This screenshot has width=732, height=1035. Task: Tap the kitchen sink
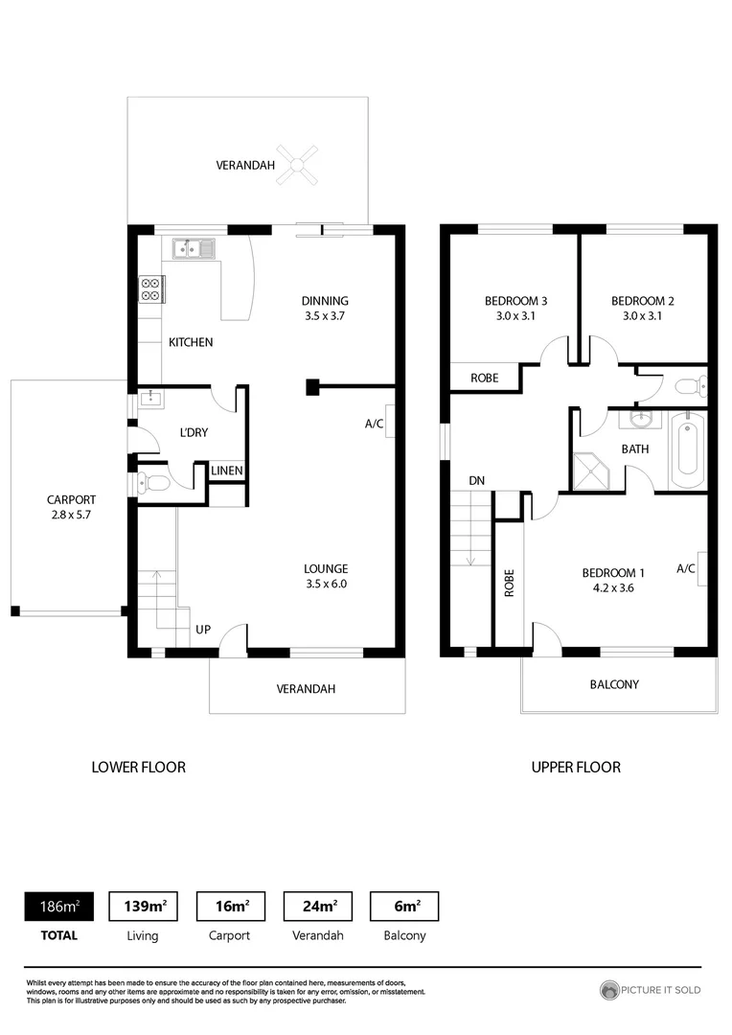click(194, 249)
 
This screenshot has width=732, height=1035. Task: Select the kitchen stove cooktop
click(151, 288)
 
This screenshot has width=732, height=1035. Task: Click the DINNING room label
click(325, 300)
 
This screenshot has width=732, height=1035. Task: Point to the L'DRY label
click(194, 432)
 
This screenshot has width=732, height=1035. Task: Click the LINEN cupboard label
click(227, 471)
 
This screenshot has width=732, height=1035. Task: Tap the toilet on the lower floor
click(154, 483)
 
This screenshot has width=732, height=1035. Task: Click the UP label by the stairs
click(203, 630)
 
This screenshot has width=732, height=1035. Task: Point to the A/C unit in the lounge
click(390, 423)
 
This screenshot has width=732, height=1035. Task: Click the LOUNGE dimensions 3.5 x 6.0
click(326, 583)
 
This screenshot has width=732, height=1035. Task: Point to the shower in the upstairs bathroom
click(591, 471)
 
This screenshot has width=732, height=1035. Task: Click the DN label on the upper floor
click(476, 480)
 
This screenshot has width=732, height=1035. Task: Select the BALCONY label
click(614, 684)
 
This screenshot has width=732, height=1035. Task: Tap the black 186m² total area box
click(58, 906)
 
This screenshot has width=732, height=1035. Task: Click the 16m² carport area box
click(231, 906)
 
